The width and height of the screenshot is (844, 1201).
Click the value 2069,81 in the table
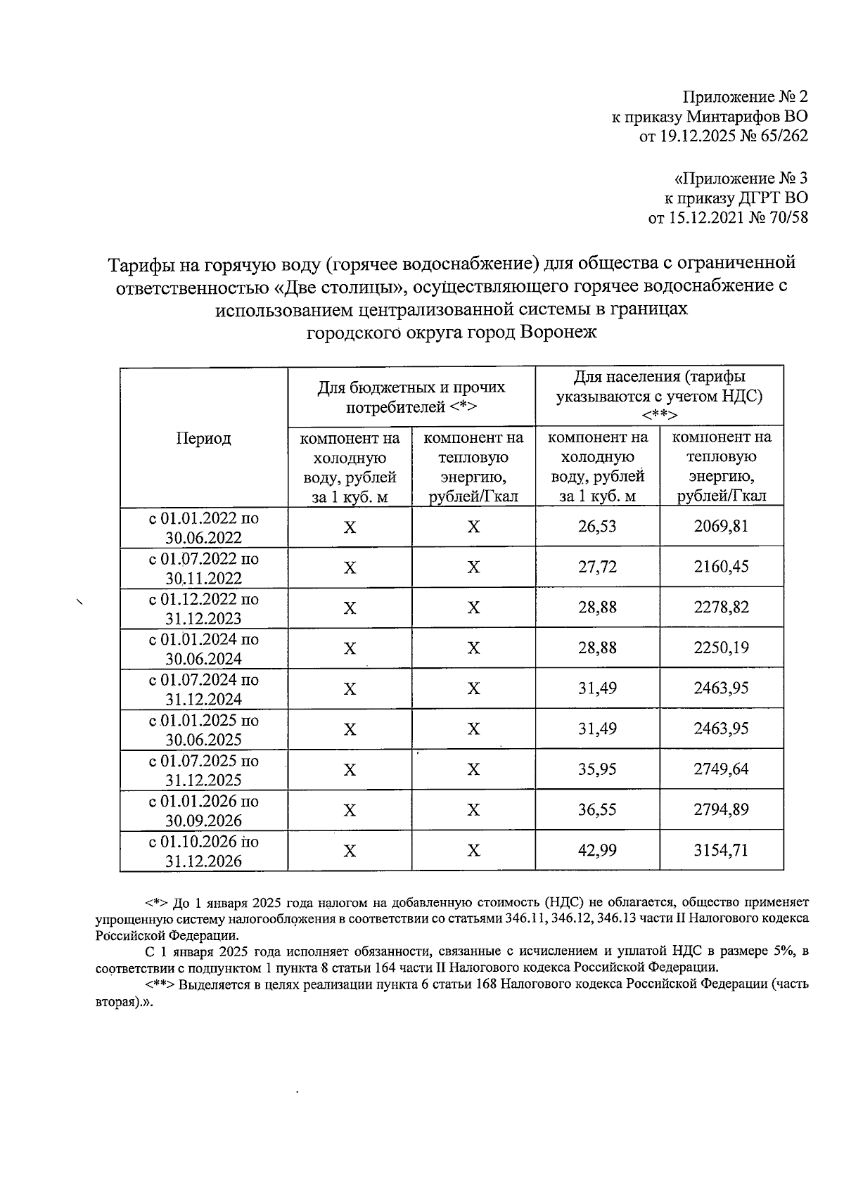(721, 526)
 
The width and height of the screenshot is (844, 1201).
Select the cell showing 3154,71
(721, 850)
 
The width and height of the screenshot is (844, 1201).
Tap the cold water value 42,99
(597, 850)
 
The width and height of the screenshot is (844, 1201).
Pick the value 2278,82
(721, 608)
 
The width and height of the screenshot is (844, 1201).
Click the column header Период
(203, 439)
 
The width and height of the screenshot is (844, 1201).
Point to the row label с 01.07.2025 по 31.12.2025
(203, 770)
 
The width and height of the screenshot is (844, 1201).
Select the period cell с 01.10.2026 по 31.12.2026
(203, 851)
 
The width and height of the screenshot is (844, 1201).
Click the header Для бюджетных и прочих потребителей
(411, 397)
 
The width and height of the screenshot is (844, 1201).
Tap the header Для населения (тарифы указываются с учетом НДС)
(659, 395)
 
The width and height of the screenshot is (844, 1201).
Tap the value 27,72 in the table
(597, 567)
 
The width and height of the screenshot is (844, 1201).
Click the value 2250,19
(721, 648)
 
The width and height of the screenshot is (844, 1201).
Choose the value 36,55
(597, 810)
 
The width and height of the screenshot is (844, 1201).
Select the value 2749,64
(721, 769)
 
